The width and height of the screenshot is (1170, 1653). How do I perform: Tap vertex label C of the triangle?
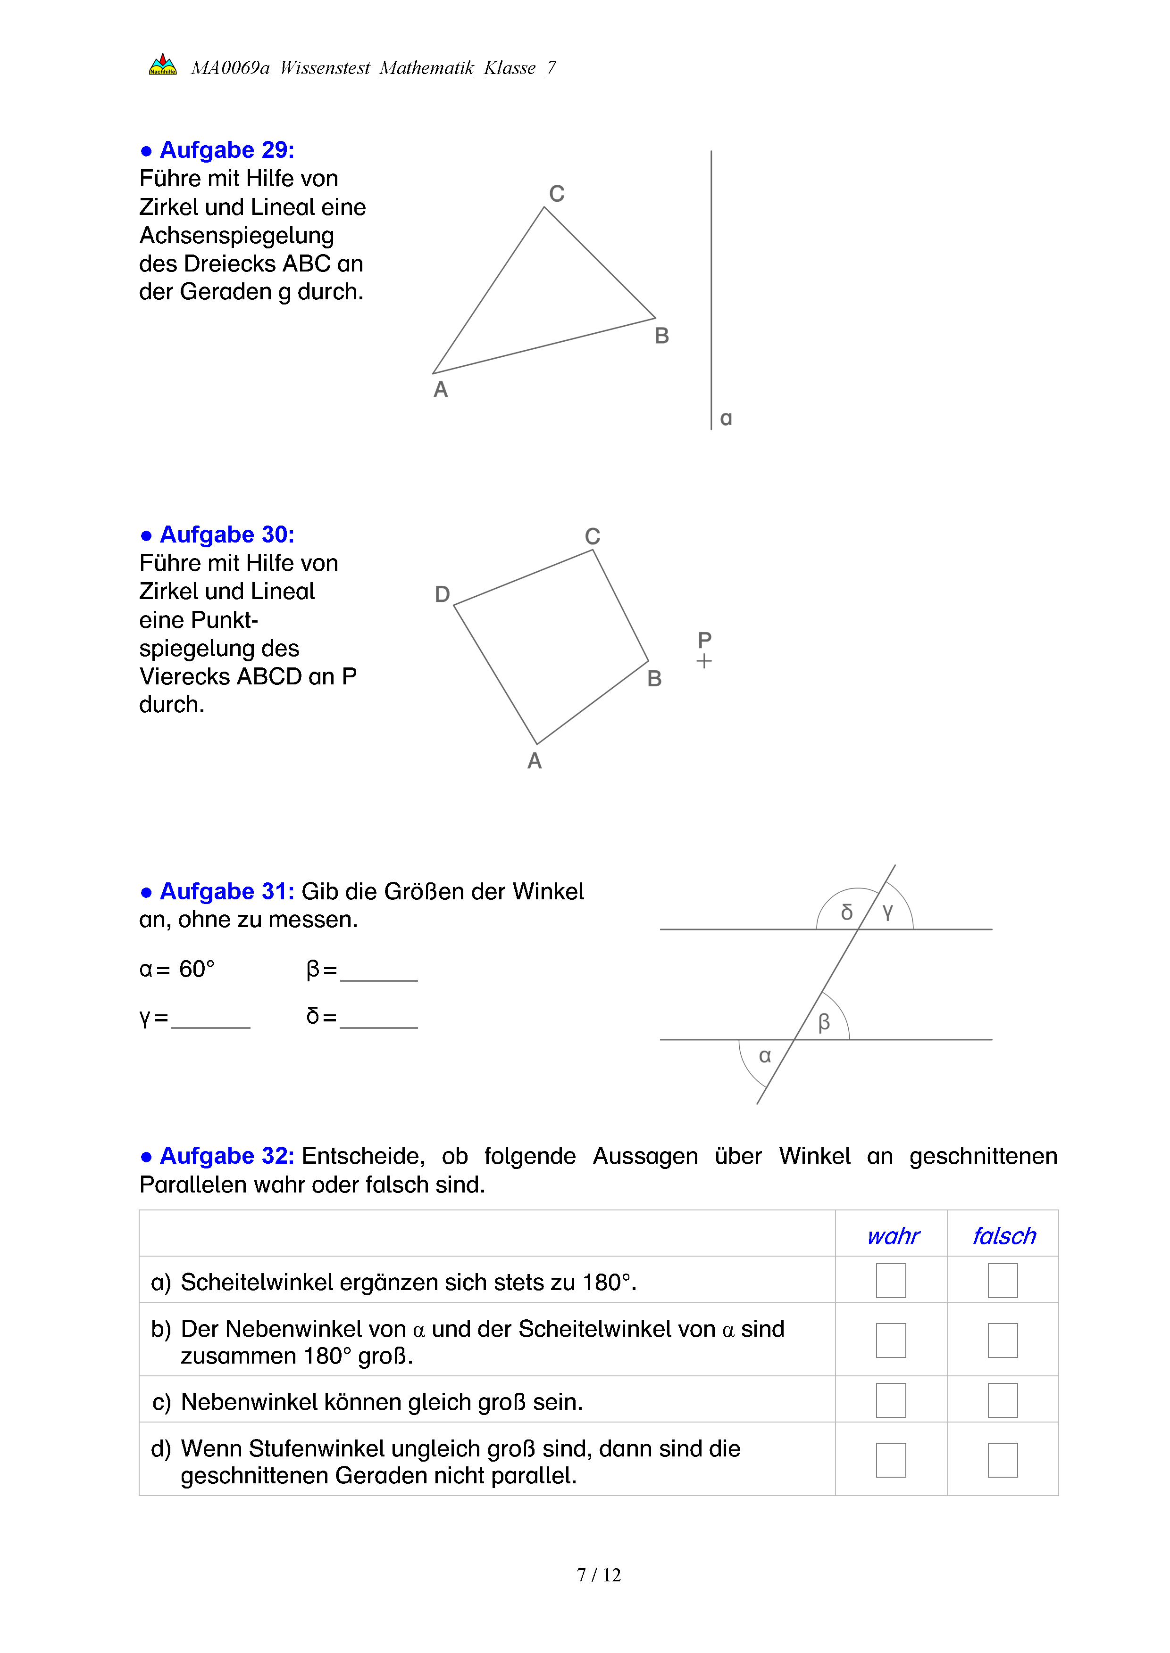556,194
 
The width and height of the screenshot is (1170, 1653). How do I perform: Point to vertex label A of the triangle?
440,389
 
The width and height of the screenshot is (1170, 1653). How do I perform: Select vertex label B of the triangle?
661,336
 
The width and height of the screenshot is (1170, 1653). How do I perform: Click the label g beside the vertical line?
726,418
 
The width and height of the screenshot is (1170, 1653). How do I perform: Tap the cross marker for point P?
704,661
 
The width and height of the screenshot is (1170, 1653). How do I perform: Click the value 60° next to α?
197,969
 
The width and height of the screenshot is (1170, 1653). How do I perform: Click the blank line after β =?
379,973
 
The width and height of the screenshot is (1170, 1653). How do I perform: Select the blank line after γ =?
210,1021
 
